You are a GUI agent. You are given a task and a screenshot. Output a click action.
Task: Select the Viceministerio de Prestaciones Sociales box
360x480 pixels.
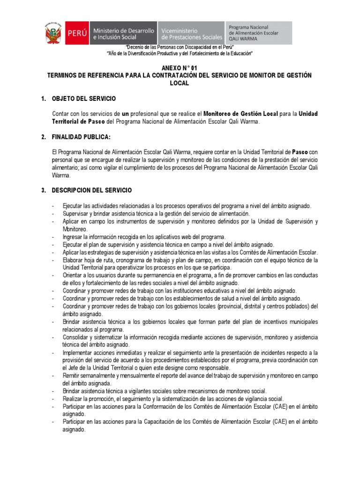click(x=191, y=34)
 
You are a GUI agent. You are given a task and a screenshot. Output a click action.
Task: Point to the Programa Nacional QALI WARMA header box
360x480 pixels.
click(x=258, y=33)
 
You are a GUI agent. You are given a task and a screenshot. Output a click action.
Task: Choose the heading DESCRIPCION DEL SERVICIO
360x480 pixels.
click(x=92, y=190)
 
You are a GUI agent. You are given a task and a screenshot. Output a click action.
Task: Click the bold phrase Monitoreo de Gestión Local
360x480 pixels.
click(x=240, y=114)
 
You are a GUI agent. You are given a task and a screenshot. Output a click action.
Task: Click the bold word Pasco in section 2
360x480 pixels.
click(x=300, y=152)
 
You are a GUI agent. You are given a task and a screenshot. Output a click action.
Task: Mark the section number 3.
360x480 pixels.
click(x=43, y=190)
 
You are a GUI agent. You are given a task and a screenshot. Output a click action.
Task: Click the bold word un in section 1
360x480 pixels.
click(x=125, y=114)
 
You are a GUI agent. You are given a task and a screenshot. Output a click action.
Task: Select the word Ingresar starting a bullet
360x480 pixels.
click(x=73, y=237)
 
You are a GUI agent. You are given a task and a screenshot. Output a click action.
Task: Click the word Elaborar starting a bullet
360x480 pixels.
click(x=73, y=260)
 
